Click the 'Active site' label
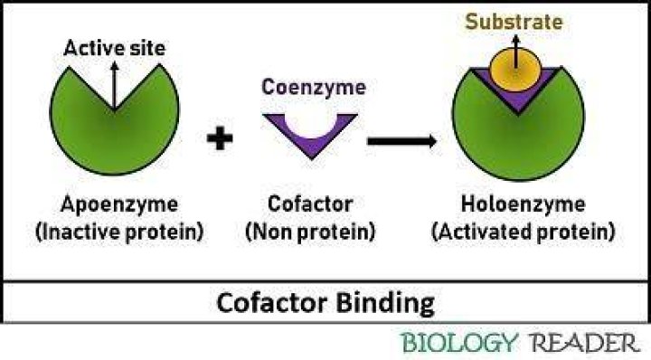point(115,48)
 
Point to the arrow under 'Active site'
point(115,86)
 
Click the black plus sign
point(220,137)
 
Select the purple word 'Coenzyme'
point(314,87)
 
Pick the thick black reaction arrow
point(401,141)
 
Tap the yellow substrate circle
point(515,70)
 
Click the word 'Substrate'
point(514,22)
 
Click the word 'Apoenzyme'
point(119,204)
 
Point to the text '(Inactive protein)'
point(119,232)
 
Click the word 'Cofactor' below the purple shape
point(310,204)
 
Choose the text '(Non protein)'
point(310,232)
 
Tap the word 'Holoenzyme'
point(524,204)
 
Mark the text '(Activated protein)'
point(524,232)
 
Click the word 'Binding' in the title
point(385,304)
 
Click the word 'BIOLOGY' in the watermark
point(460,343)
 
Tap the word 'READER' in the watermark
point(585,343)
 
